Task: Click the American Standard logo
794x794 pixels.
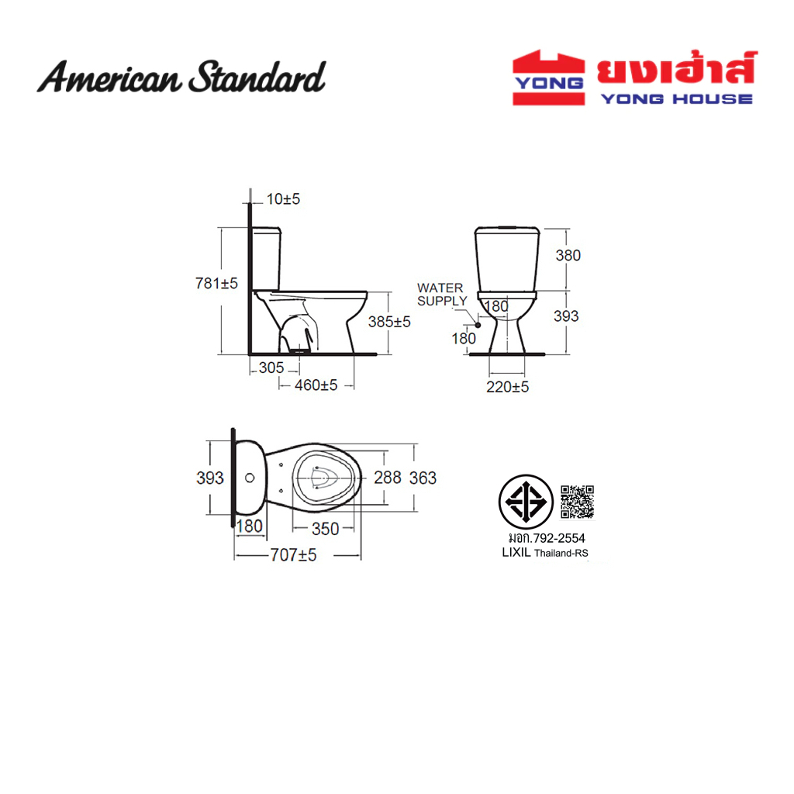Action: (x=181, y=77)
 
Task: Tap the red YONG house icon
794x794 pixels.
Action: (x=548, y=78)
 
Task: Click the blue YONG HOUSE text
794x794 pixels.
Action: (x=676, y=98)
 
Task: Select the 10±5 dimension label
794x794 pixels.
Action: (x=283, y=199)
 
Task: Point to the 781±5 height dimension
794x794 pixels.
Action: (x=216, y=283)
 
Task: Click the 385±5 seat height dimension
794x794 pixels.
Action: (x=389, y=322)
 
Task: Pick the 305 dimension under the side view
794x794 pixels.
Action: (x=271, y=368)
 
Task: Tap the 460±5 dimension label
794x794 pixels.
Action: (x=316, y=385)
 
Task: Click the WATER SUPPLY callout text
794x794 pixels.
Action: (x=441, y=294)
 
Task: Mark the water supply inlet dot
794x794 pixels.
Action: (x=478, y=325)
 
